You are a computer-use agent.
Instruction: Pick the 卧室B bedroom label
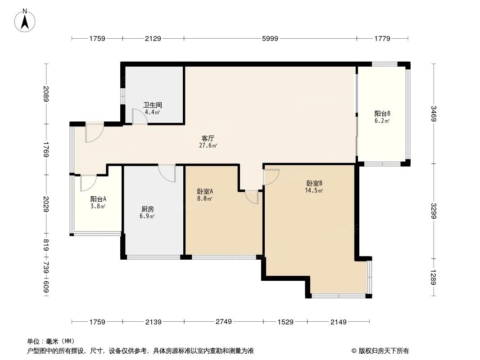[314, 183]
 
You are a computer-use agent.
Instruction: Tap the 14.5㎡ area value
[314, 190]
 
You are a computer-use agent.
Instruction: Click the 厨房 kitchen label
[148, 209]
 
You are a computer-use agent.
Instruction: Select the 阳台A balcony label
[98, 199]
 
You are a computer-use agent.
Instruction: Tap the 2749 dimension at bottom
[223, 322]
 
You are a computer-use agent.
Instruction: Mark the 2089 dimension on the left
[46, 94]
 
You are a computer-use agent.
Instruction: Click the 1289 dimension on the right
[433, 277]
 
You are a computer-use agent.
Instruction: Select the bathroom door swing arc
[140, 117]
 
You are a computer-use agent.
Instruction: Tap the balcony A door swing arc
[88, 183]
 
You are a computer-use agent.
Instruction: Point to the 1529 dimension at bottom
[285, 322]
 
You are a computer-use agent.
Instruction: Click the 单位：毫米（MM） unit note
[51, 341]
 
